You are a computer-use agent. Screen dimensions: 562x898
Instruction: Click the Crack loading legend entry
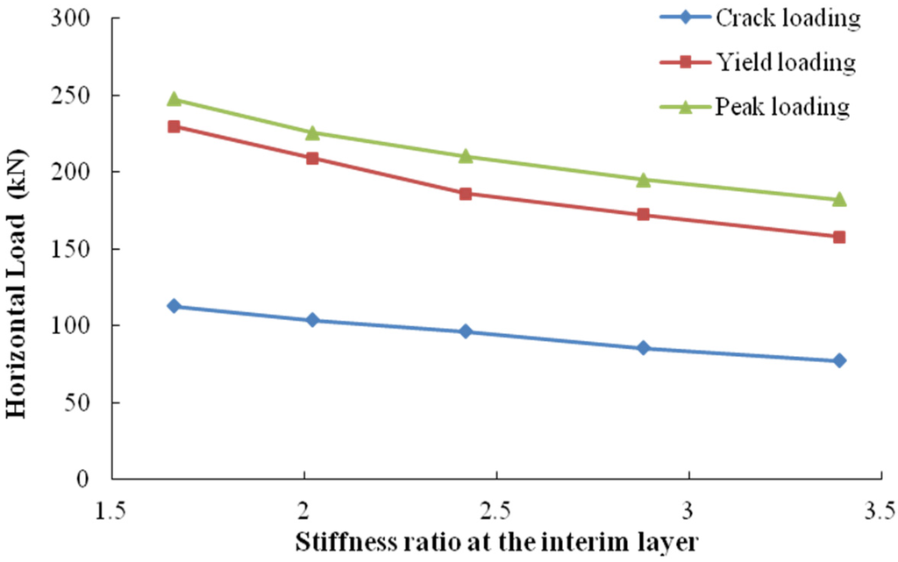point(785,18)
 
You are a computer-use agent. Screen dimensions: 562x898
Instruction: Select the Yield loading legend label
point(785,62)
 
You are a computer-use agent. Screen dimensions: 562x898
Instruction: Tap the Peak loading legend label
point(782,107)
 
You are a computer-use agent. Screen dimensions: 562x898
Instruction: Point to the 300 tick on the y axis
point(80,18)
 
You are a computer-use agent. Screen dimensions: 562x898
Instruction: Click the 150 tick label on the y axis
point(80,249)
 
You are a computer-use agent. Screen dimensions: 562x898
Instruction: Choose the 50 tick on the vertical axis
point(85,402)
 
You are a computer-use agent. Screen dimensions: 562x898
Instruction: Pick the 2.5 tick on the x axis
point(496,509)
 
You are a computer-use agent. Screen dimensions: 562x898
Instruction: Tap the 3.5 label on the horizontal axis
point(880,509)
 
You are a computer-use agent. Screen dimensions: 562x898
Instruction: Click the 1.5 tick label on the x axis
point(111,509)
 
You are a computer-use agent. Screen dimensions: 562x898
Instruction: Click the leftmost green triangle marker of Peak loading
point(174,99)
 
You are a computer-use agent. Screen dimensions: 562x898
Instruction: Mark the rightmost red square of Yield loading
point(839,237)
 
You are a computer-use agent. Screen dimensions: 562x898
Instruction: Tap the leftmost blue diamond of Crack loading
point(174,306)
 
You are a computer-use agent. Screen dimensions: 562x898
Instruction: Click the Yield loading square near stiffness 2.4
point(466,194)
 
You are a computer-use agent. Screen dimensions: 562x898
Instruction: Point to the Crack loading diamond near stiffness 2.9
point(644,348)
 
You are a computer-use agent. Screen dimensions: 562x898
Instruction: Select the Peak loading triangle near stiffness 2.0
point(311,132)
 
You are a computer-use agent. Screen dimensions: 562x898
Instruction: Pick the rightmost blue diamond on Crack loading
point(839,360)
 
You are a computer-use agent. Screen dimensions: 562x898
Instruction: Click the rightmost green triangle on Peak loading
point(839,199)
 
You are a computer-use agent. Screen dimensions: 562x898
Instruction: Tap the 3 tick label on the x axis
point(688,509)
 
